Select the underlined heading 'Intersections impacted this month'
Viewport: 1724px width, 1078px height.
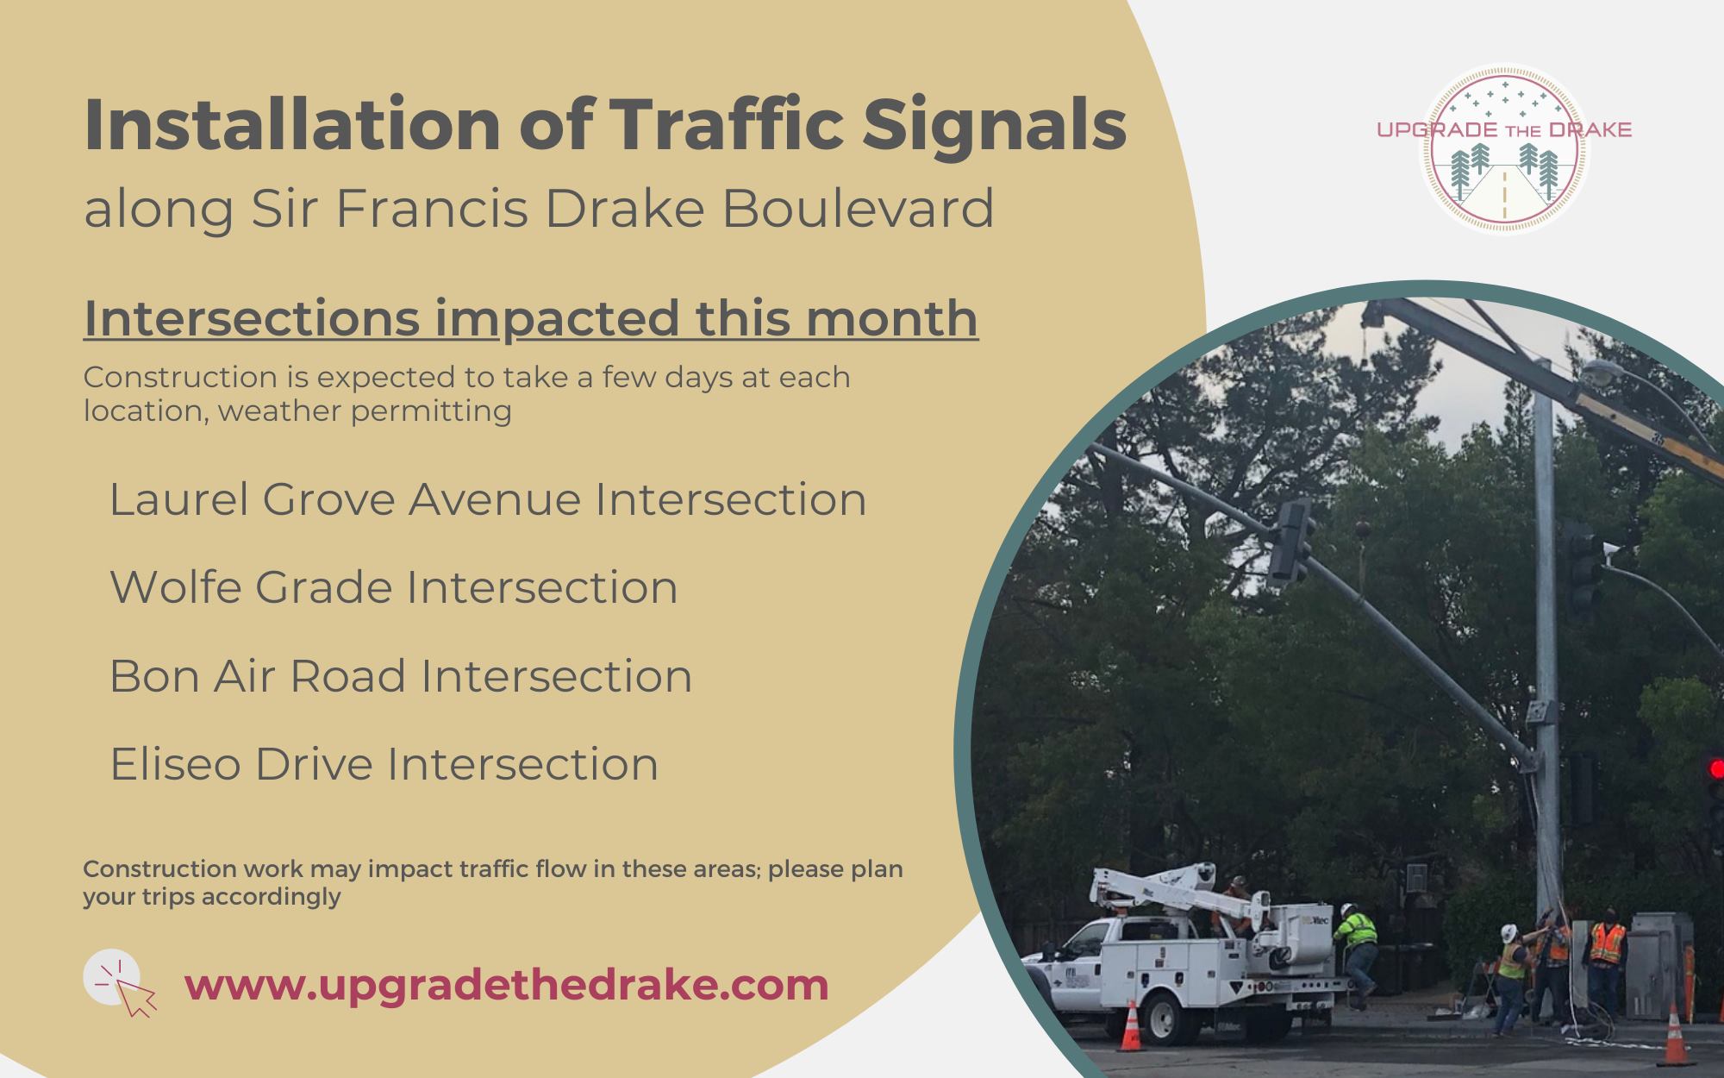coord(531,318)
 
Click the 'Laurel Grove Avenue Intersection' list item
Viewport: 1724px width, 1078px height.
coord(488,499)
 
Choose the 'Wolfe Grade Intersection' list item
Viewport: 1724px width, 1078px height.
coord(394,587)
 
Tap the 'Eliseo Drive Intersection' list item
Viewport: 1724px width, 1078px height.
coord(384,764)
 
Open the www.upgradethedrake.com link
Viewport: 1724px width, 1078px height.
coord(507,986)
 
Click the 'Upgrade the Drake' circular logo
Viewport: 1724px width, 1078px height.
coord(1504,148)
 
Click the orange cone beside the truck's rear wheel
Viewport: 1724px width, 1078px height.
coord(1128,1026)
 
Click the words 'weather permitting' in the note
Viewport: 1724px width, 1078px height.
coord(365,411)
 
